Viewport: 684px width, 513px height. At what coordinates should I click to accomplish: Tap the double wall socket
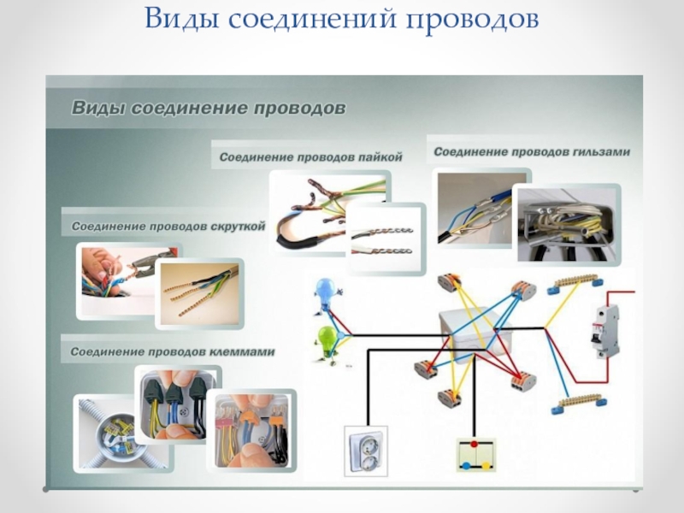(365, 451)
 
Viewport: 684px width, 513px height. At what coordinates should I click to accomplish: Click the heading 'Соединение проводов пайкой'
(310, 157)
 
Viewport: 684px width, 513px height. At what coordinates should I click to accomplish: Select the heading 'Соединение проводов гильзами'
(531, 152)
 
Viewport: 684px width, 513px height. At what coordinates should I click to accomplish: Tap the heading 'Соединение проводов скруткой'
(168, 227)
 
